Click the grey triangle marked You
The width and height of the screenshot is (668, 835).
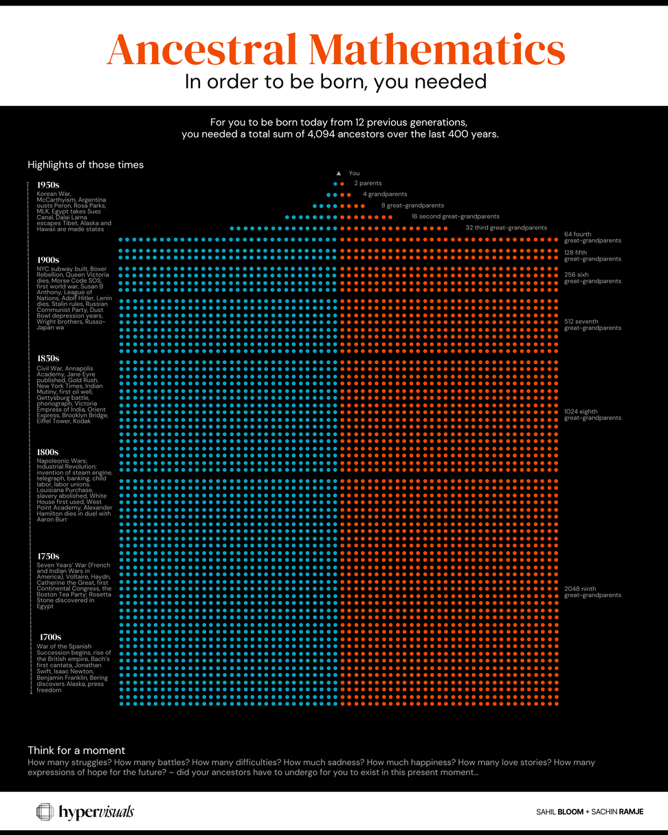pos(338,173)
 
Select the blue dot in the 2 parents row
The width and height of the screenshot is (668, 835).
pos(335,184)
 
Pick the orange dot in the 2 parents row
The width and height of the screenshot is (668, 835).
pos(342,184)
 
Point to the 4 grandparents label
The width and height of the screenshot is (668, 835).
pos(385,194)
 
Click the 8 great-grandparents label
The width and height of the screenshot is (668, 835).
pos(412,205)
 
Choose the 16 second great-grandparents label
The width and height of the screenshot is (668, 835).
pos(455,216)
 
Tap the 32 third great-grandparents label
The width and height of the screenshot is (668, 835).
pos(506,227)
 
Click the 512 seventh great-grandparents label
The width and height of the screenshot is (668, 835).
pos(592,324)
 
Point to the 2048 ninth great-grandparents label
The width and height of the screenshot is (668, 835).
pos(592,591)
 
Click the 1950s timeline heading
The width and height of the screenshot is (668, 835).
pos(48,185)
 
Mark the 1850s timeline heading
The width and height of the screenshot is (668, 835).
pos(48,359)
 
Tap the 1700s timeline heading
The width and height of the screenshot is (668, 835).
pos(50,637)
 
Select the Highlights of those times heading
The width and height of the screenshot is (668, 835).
pos(85,165)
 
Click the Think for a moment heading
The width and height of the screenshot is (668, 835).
pos(76,750)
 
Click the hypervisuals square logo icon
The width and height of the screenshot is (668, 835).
pos(45,812)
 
